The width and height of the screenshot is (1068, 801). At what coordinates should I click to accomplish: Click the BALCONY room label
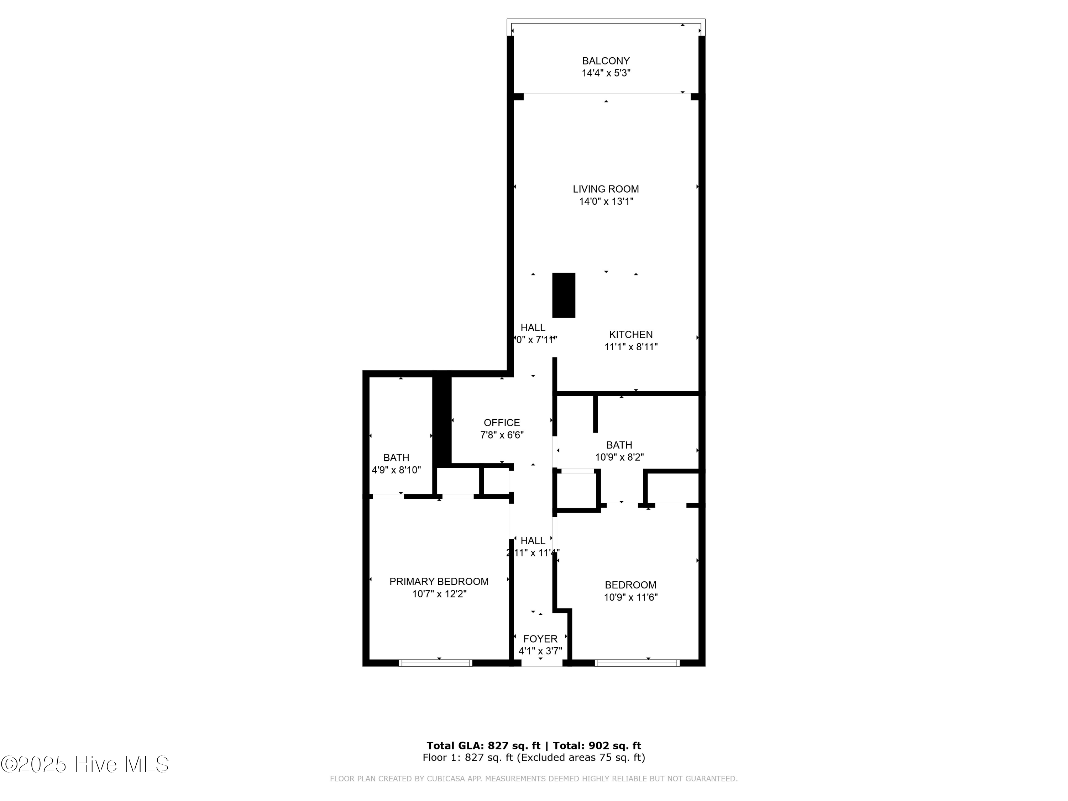point(606,61)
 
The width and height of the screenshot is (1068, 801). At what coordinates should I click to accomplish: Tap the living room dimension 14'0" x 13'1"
point(606,201)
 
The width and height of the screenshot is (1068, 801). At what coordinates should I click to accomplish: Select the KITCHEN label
point(630,334)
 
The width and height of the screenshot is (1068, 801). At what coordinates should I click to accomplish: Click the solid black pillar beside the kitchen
point(564,295)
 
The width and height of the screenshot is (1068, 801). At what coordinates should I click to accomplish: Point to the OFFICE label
point(502,423)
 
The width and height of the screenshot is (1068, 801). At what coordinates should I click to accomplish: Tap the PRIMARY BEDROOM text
point(439,581)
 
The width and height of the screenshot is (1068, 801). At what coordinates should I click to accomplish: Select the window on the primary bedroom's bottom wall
point(435,663)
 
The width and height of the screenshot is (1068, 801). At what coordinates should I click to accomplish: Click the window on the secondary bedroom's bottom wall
point(637,663)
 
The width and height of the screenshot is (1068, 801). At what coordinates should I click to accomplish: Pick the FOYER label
point(540,639)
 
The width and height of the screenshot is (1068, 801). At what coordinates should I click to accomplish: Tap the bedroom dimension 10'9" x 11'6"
point(630,597)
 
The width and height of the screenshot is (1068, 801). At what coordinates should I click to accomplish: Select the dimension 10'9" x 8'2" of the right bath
point(619,457)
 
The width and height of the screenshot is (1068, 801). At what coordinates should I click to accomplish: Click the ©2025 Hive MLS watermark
point(85,764)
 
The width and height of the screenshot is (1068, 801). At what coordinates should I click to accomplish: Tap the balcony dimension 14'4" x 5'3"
point(606,73)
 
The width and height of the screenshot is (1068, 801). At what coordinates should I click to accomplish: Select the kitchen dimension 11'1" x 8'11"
point(630,347)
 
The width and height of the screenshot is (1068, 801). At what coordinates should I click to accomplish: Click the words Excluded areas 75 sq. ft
point(581,758)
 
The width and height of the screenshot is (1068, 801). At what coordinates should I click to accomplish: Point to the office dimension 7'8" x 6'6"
point(502,435)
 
